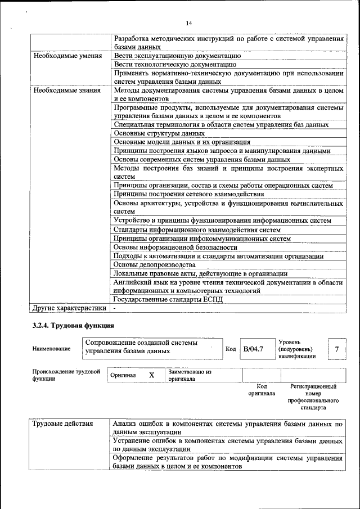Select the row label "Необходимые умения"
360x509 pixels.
67,56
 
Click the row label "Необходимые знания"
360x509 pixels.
67,90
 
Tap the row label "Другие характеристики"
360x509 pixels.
69,308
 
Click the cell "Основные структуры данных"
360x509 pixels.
159,134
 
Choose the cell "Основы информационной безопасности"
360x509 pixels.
175,247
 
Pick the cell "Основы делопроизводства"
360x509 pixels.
154,264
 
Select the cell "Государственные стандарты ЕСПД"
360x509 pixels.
168,299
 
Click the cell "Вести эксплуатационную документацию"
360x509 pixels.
178,56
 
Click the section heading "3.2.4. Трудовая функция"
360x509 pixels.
73,325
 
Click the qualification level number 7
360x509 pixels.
336,349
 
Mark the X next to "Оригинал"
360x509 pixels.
151,375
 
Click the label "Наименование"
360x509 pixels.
51,349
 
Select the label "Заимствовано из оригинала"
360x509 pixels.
190,376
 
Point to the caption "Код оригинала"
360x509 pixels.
262,390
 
